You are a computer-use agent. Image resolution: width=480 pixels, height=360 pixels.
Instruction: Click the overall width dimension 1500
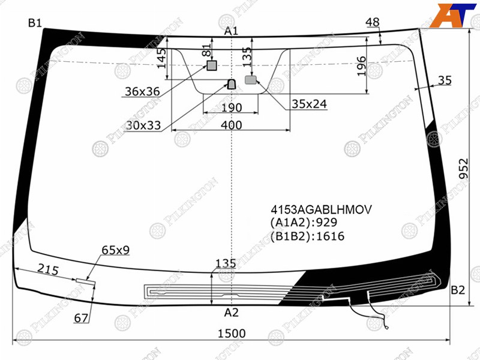click(232, 334)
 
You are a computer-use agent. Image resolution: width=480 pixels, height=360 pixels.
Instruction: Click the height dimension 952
click(464, 168)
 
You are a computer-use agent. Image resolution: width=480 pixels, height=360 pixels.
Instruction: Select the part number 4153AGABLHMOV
click(321, 209)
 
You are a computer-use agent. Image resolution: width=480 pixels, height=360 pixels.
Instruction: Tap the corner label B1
click(35, 23)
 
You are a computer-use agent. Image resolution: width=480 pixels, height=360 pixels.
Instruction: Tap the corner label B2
click(458, 290)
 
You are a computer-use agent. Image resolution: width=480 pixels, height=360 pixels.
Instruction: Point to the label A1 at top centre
click(231, 31)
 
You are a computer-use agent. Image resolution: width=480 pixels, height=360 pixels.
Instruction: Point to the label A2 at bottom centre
click(231, 313)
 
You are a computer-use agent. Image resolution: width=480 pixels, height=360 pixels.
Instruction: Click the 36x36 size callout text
click(142, 91)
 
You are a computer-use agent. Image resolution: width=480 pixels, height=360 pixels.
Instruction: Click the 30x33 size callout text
click(143, 125)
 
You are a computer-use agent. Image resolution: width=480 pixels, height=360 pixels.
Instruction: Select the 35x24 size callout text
click(309, 104)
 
